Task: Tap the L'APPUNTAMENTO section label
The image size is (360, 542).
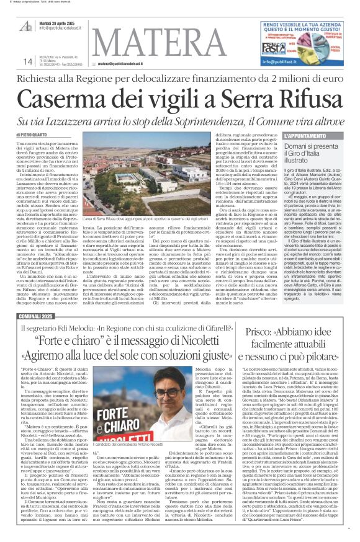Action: [304, 135]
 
